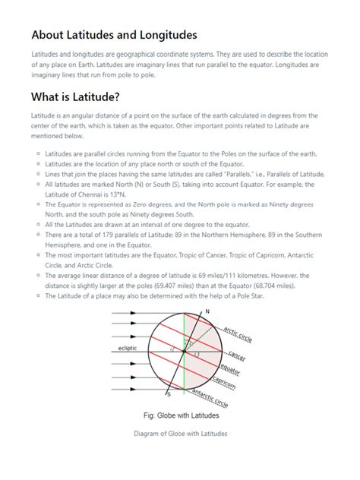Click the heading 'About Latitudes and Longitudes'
tap(113, 36)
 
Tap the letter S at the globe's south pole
tap(169, 395)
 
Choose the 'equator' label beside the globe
tap(230, 371)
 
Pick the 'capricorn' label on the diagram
tap(227, 382)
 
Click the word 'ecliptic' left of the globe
tap(128, 349)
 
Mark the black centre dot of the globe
tap(187, 353)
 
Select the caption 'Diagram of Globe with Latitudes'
tap(179, 434)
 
